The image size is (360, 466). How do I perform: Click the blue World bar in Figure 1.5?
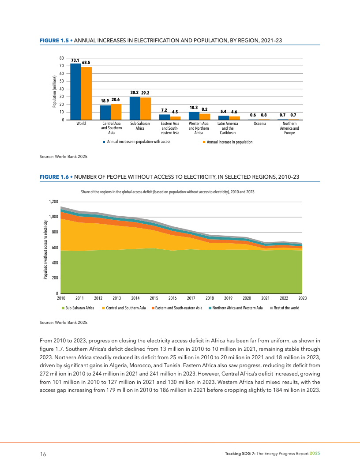75,92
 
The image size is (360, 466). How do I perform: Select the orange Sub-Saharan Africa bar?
146,109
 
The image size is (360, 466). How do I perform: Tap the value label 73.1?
75,60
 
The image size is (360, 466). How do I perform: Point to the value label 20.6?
116,100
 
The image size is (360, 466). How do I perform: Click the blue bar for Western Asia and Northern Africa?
194,116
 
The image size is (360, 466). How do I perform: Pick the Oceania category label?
260,124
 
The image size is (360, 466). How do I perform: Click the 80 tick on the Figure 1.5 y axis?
62,58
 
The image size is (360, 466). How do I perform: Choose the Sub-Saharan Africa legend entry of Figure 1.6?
80,308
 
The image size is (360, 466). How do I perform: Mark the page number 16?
43,454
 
